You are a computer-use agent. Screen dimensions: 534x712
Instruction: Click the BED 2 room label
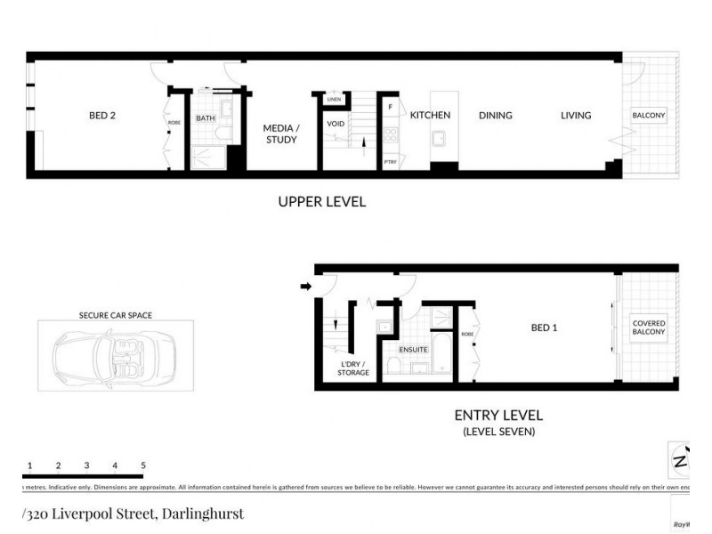101,116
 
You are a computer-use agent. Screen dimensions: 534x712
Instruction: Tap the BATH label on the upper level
206,118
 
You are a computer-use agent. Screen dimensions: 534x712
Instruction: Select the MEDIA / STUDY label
281,133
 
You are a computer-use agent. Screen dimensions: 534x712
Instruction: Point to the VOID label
336,124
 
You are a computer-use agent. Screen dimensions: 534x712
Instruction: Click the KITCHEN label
430,115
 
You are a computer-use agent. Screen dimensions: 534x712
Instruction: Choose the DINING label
495,115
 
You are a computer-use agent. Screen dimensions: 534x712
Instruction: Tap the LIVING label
576,115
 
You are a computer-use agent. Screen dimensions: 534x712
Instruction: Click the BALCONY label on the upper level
649,116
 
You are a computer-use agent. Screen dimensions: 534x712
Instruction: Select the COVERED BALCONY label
648,328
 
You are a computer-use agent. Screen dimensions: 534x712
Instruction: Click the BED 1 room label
544,328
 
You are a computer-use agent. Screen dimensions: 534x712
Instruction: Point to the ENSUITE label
413,350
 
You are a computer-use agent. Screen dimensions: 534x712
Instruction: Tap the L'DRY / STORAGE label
354,368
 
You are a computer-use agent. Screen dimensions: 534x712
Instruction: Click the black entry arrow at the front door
305,287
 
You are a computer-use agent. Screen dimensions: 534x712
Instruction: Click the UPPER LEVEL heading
321,202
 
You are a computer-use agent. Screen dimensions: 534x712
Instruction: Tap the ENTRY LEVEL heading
498,416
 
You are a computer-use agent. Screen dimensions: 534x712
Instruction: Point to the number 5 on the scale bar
142,465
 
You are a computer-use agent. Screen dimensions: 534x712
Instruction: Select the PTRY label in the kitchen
390,162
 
